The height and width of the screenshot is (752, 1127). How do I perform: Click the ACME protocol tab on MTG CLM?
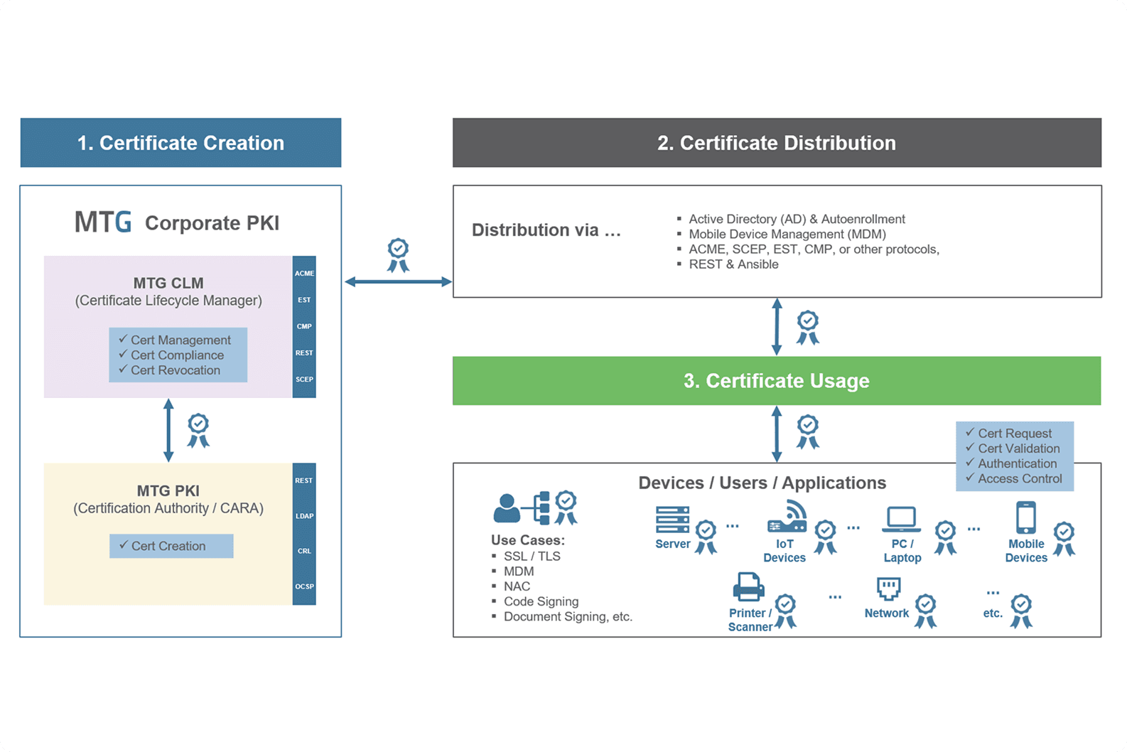(x=304, y=274)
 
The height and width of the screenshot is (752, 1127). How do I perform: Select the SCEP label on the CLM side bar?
(x=304, y=380)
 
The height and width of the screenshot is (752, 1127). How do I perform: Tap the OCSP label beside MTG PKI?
(x=304, y=586)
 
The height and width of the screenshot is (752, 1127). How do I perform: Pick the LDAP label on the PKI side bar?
(x=304, y=516)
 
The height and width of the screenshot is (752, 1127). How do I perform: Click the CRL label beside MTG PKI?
(x=304, y=551)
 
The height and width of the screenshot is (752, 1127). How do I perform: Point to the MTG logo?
(x=103, y=222)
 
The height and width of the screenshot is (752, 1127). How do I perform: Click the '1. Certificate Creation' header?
(x=180, y=143)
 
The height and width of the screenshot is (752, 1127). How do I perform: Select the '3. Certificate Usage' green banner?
(x=777, y=381)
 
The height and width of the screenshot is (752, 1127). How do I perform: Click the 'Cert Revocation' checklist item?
(x=170, y=370)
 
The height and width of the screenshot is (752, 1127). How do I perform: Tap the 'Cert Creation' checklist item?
(x=163, y=546)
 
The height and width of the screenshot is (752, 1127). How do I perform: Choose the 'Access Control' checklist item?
(x=1014, y=478)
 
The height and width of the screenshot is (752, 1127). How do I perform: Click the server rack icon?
(x=673, y=520)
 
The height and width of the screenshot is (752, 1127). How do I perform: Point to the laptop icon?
(x=901, y=520)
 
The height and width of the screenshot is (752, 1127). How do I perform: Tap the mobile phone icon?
(x=1026, y=517)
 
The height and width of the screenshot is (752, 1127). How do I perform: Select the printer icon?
(x=749, y=587)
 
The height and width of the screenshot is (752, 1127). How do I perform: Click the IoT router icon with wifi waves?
(x=787, y=517)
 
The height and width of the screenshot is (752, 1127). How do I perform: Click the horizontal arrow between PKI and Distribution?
(x=398, y=282)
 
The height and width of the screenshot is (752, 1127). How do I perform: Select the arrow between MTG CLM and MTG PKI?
(x=168, y=430)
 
